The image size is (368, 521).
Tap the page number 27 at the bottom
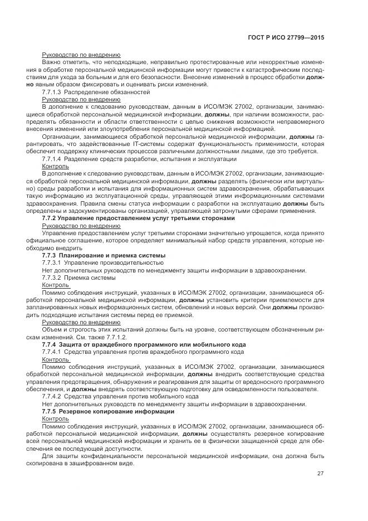321,474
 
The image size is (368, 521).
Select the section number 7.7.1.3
52,91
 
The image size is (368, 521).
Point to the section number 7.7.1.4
52,159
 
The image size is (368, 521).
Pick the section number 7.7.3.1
52,262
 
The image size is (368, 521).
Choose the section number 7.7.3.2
52,276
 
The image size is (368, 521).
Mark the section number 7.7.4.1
52,352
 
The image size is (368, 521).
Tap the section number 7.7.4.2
52,396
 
